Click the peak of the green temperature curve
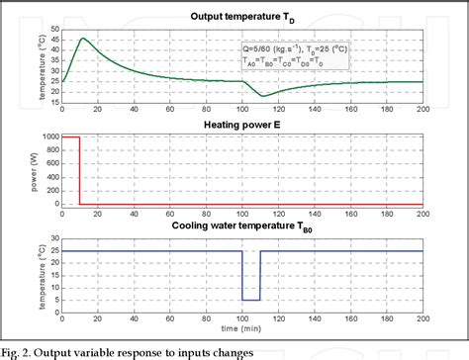pos(83,39)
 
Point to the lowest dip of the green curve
pos(262,96)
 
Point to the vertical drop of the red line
pos(80,170)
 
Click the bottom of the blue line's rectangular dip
pos(251,300)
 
